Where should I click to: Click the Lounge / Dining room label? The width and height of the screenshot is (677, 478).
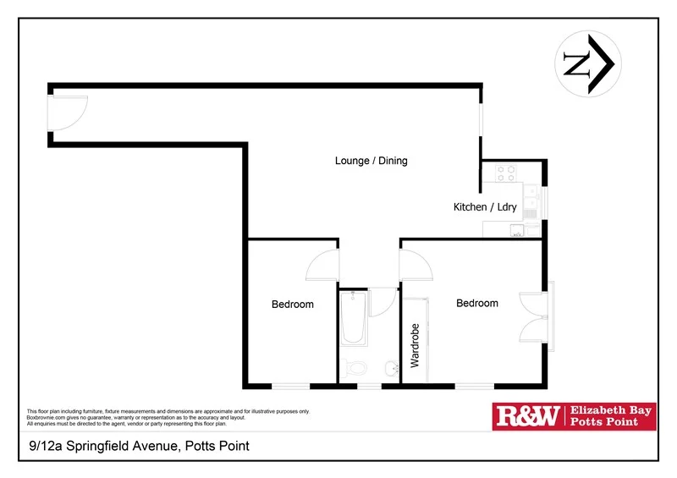(x=371, y=161)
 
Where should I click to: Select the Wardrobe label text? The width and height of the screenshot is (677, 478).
(x=415, y=344)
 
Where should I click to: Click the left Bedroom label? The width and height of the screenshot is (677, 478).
(x=292, y=305)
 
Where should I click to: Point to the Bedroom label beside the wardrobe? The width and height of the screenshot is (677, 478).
(x=477, y=303)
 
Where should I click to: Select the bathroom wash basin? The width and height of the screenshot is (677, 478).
(x=391, y=368)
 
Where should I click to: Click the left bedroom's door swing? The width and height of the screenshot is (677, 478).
(x=322, y=265)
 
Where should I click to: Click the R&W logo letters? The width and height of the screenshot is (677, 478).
(x=527, y=415)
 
